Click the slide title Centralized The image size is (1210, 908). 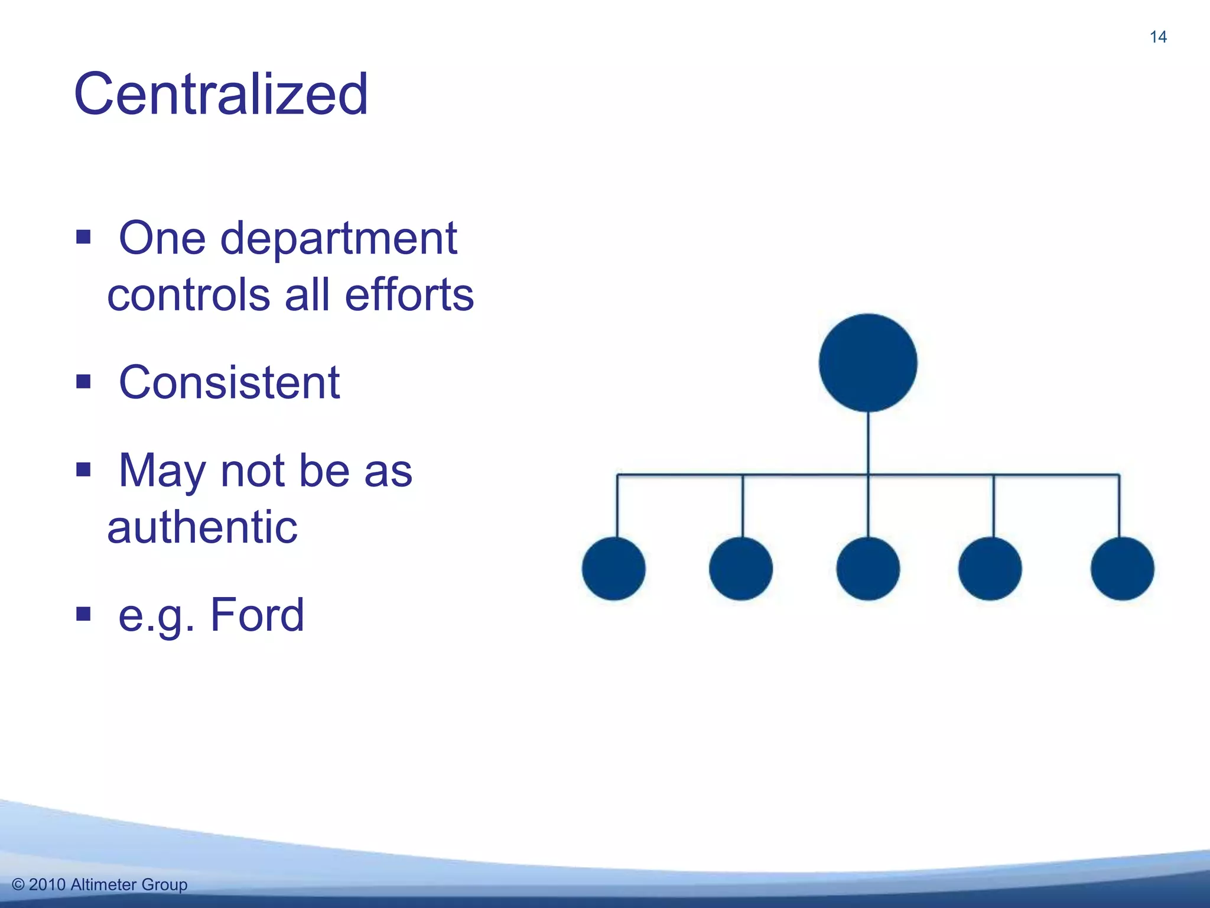[221, 95]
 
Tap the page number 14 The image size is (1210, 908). [1158, 37]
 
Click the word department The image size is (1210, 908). [339, 239]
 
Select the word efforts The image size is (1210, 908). [409, 294]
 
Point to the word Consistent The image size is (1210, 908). [229, 382]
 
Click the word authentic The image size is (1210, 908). [202, 527]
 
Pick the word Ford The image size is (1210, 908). [257, 615]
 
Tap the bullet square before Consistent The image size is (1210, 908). [83, 382]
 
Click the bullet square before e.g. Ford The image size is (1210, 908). [83, 615]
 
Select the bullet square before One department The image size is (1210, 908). [83, 238]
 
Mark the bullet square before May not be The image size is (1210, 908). [83, 470]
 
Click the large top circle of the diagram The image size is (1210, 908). [868, 362]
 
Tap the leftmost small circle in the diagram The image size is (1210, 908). [614, 569]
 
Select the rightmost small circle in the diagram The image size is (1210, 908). [1122, 569]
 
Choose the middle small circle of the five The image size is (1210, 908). [868, 569]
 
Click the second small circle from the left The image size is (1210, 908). [741, 569]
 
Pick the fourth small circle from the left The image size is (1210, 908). [990, 569]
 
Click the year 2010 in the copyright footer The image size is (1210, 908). [47, 885]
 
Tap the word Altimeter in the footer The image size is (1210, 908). [103, 885]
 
